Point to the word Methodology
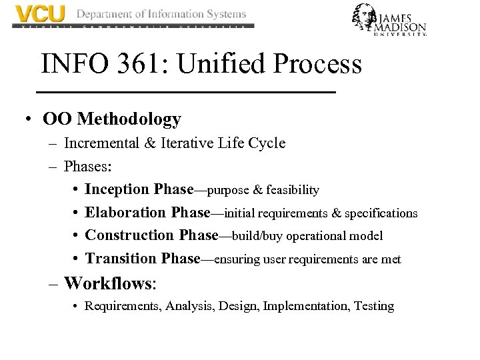(129, 119)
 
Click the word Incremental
(102, 143)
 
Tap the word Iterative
(188, 143)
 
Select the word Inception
(118, 189)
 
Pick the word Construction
(130, 235)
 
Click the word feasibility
(293, 191)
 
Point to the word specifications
(381, 213)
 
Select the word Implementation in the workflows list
(307, 306)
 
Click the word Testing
(374, 306)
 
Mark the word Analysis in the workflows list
(186, 306)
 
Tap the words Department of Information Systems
(161, 13)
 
